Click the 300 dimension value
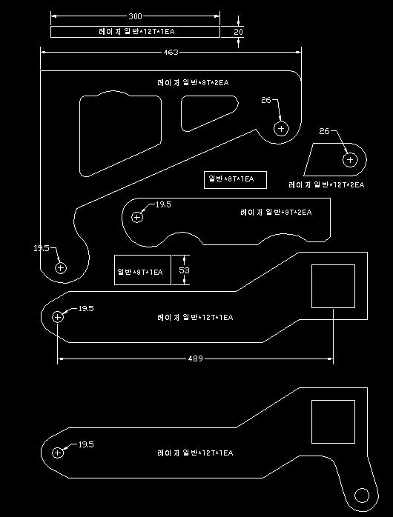135,16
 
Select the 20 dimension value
238,32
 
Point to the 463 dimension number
171,52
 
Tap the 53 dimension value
184,270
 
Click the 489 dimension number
195,358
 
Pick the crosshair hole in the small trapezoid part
350,160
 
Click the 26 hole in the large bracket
281,128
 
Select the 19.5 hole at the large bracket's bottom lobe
61,268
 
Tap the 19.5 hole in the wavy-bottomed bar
137,217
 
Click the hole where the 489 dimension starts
57,317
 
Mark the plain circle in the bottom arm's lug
362,496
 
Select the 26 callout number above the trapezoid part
324,131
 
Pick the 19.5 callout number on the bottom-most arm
86,444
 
